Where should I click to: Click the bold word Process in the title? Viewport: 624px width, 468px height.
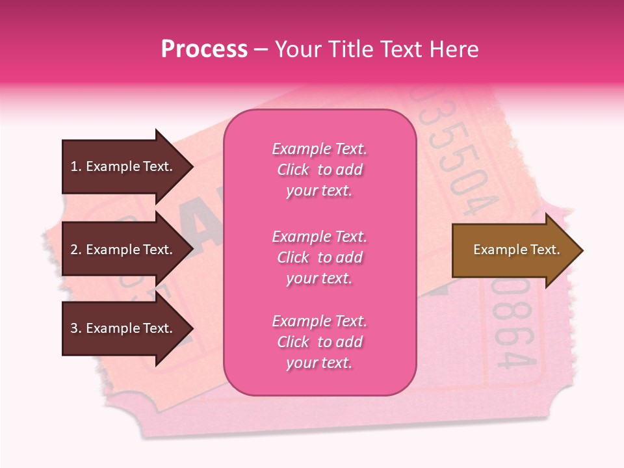(204, 49)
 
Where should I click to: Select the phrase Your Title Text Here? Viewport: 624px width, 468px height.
(376, 49)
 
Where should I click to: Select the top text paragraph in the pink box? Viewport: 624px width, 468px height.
(319, 170)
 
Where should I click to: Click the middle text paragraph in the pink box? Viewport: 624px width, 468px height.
(319, 257)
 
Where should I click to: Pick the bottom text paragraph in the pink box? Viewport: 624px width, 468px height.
(319, 342)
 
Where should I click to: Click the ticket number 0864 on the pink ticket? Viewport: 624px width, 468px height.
(513, 325)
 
